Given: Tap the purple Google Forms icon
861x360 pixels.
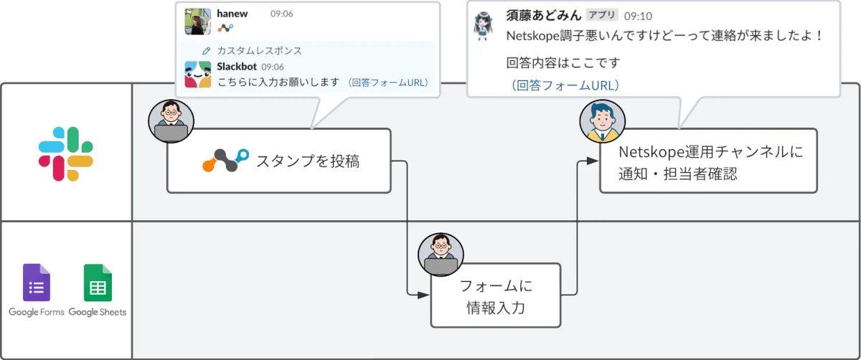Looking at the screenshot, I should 37,283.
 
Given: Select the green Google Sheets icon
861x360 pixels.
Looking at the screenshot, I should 98,283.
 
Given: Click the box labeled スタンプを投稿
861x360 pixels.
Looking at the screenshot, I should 279,161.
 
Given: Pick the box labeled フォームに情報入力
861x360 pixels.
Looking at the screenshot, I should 495,295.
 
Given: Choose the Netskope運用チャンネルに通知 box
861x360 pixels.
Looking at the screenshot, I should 708,161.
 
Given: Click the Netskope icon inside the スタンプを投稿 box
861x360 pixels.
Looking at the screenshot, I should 225,161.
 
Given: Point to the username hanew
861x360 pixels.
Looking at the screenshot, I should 232,14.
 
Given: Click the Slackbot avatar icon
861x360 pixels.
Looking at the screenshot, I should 197,74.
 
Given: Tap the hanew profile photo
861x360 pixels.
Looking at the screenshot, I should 197,22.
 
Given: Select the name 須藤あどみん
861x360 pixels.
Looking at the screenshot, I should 543,15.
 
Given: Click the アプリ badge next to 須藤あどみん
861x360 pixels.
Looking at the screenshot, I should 601,15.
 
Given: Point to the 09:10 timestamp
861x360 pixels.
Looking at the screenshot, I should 638,15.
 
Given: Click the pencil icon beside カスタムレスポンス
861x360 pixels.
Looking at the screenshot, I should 207,51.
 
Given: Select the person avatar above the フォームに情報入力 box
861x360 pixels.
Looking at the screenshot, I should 441,255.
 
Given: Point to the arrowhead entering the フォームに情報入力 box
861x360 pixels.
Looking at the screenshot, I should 424,294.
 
